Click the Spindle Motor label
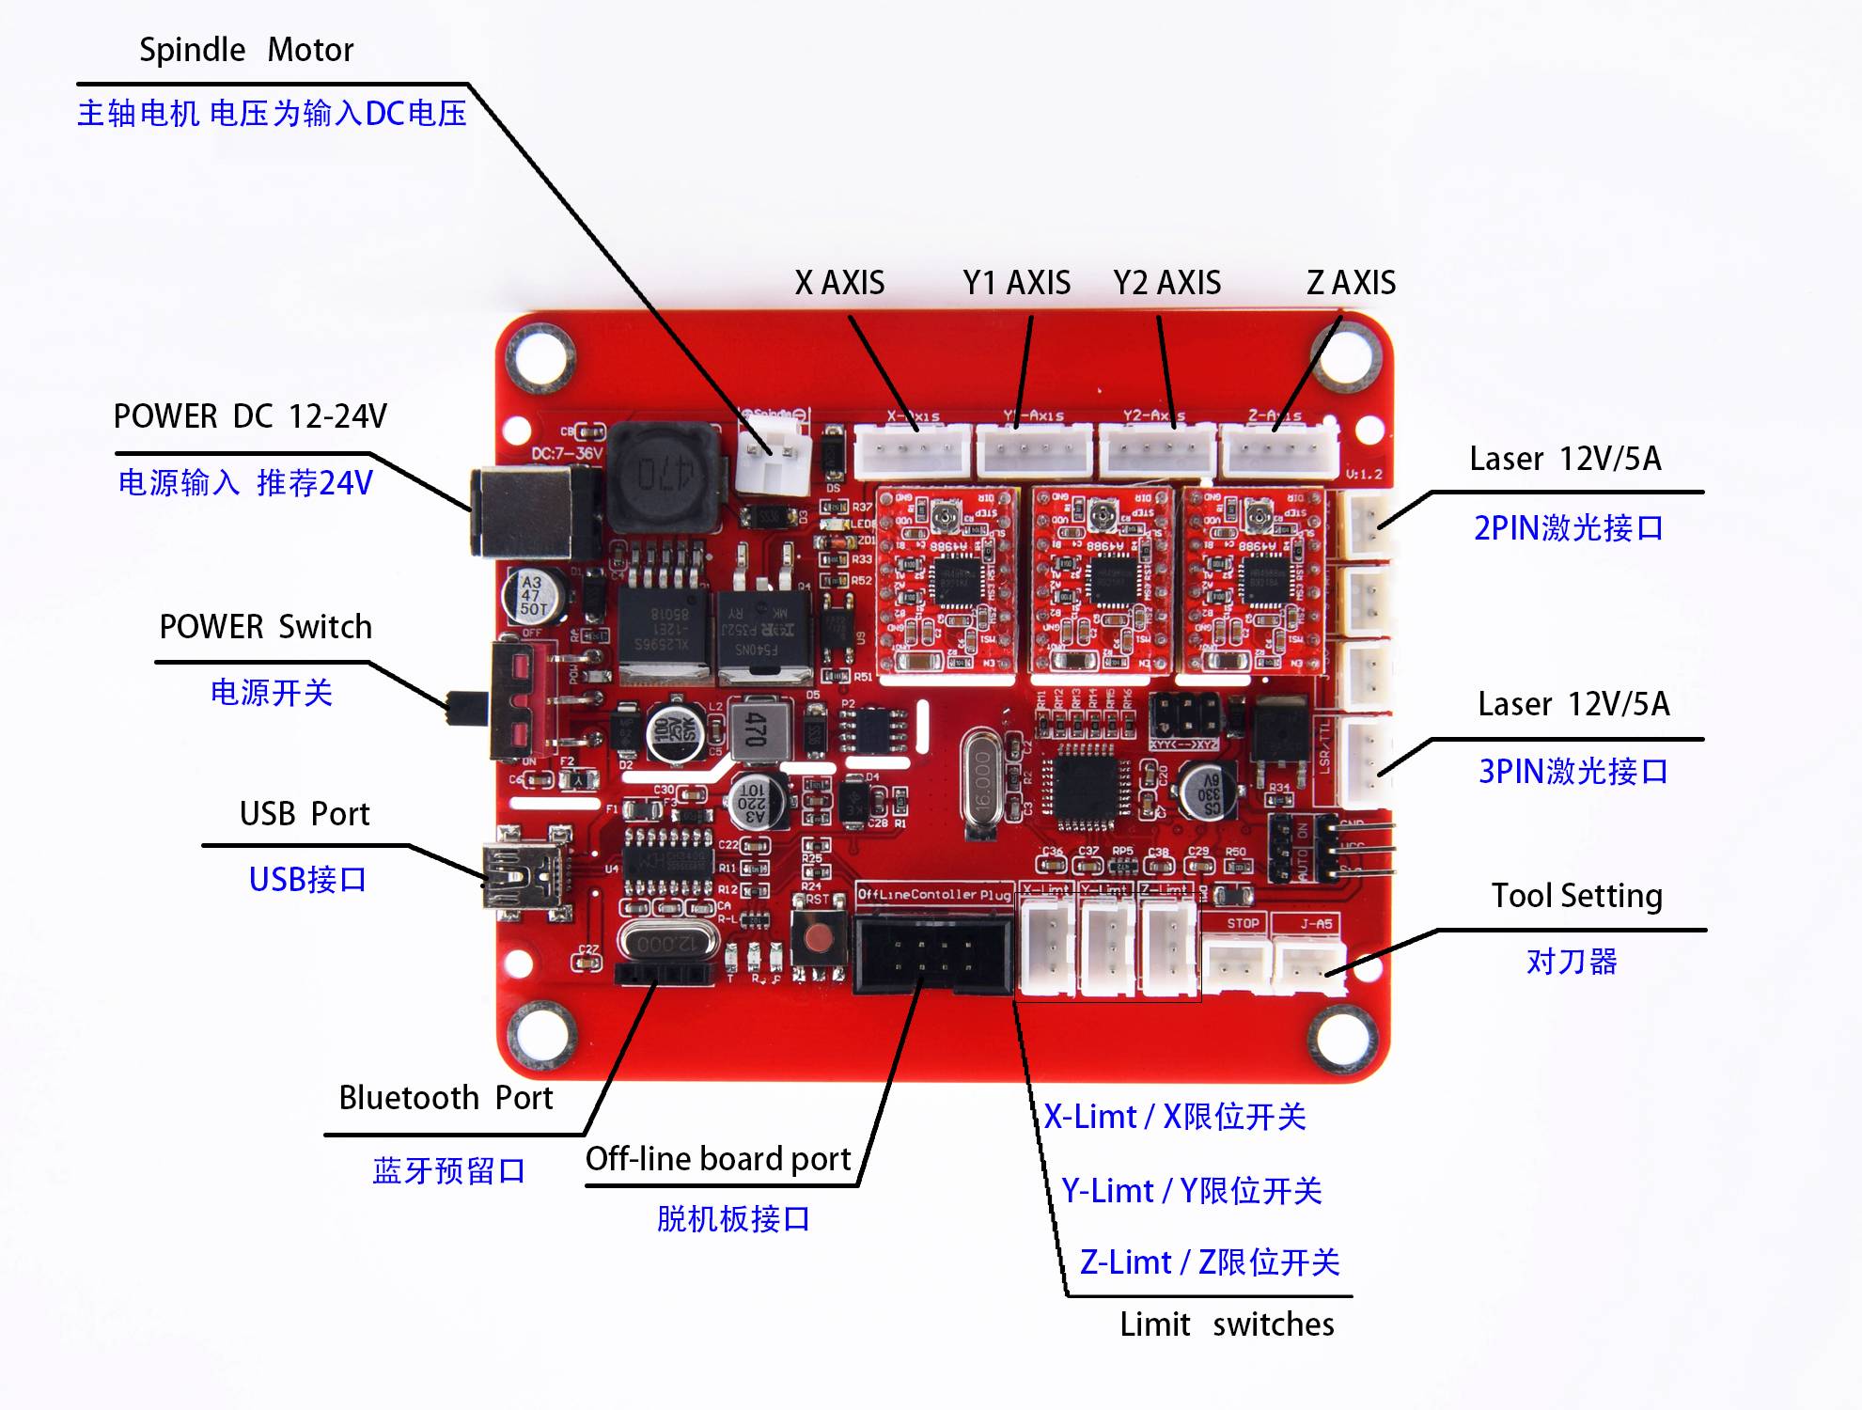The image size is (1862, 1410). tap(246, 50)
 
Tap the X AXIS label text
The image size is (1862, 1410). tap(839, 283)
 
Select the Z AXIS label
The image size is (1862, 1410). tap(1351, 283)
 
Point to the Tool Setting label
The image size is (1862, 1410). tap(1576, 896)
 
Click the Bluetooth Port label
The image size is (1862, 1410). tap(446, 1098)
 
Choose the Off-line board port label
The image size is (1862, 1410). tap(718, 1159)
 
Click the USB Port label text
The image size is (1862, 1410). tap(305, 814)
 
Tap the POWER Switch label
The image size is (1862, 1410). tap(265, 627)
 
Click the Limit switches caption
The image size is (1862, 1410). tap(1227, 1324)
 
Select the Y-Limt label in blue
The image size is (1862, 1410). tap(1191, 1191)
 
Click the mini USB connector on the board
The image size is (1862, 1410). tap(523, 876)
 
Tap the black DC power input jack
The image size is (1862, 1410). tap(530, 512)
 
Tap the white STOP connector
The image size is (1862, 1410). tap(1237, 963)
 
